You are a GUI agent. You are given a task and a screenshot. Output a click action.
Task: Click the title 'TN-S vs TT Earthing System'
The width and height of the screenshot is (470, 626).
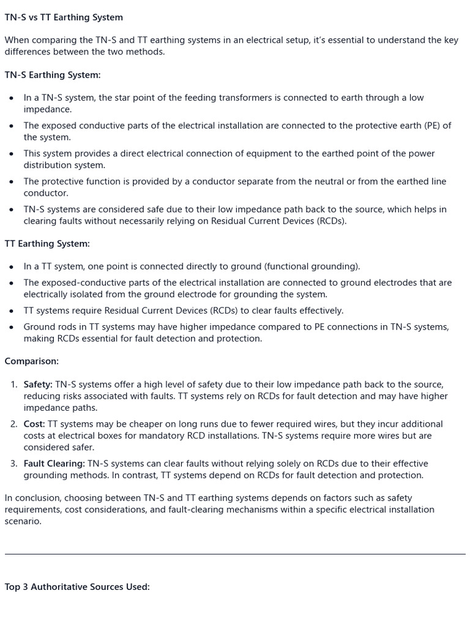(x=64, y=18)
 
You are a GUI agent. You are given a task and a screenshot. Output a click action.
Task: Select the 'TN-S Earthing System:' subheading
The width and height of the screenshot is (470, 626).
(x=53, y=75)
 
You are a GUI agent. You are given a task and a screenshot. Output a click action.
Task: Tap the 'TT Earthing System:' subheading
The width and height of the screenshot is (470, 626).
(x=47, y=244)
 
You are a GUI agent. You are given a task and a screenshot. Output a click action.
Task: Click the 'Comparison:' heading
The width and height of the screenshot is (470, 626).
(x=32, y=361)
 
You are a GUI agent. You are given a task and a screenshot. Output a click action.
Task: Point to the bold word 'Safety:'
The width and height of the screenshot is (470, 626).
(x=38, y=385)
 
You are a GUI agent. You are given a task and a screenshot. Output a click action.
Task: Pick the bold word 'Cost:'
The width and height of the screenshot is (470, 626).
(x=34, y=424)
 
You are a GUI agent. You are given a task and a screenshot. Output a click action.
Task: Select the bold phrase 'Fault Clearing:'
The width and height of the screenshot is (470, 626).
(x=54, y=464)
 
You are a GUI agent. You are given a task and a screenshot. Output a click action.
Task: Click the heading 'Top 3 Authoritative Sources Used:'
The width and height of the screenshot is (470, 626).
(x=77, y=587)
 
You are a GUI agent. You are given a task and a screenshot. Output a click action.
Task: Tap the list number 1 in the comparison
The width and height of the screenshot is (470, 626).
(x=14, y=385)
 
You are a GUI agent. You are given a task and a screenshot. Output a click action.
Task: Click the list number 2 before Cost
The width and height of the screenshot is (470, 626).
(x=14, y=424)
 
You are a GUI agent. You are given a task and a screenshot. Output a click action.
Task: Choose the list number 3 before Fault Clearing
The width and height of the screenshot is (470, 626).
(x=14, y=464)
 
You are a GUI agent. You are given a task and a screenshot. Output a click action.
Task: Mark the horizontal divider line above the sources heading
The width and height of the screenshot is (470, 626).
(x=235, y=554)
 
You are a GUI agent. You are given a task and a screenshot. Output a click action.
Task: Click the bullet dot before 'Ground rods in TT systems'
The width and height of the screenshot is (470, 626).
(x=12, y=328)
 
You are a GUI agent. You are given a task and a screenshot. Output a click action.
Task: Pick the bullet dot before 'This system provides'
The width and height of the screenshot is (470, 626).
(x=12, y=154)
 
